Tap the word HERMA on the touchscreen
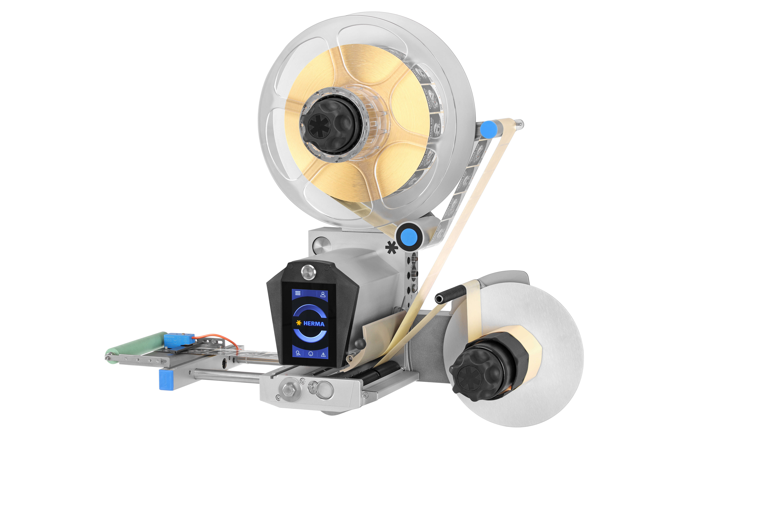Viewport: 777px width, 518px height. (314, 324)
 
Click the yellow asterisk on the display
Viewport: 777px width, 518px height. (299, 323)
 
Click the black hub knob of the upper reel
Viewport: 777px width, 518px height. (330, 126)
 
